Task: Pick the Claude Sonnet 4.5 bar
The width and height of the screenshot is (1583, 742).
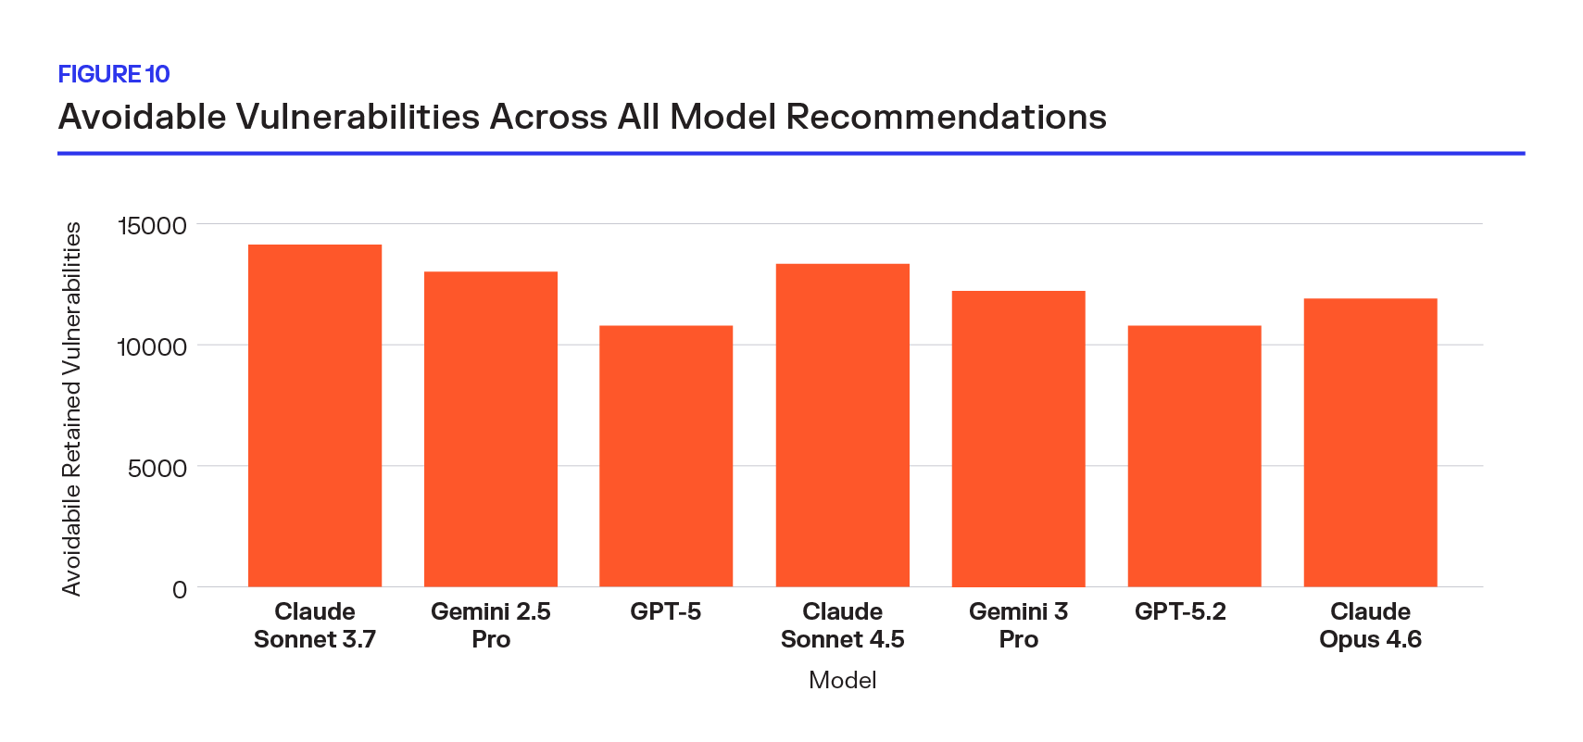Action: pyautogui.click(x=842, y=425)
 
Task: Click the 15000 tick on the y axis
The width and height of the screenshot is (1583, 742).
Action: pyautogui.click(x=152, y=226)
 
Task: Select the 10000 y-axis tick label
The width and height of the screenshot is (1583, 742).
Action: pyautogui.click(x=152, y=347)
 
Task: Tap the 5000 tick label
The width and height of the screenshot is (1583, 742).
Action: pyautogui.click(x=157, y=469)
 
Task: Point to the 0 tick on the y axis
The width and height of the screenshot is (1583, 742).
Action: pyautogui.click(x=180, y=590)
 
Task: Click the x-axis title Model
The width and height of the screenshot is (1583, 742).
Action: pyautogui.click(x=842, y=680)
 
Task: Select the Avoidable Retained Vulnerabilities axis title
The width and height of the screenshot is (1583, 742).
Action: pyautogui.click(x=72, y=408)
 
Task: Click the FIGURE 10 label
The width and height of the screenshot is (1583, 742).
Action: pyautogui.click(x=114, y=74)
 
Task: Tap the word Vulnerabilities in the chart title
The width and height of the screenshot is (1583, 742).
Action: pyautogui.click(x=358, y=118)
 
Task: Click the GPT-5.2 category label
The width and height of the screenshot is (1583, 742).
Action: pyautogui.click(x=1180, y=611)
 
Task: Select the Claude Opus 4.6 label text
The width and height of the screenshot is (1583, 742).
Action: pyautogui.click(x=1370, y=625)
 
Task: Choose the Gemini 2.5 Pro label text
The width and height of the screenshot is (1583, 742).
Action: pyautogui.click(x=491, y=625)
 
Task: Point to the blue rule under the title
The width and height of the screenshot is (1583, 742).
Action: pyautogui.click(x=791, y=153)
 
